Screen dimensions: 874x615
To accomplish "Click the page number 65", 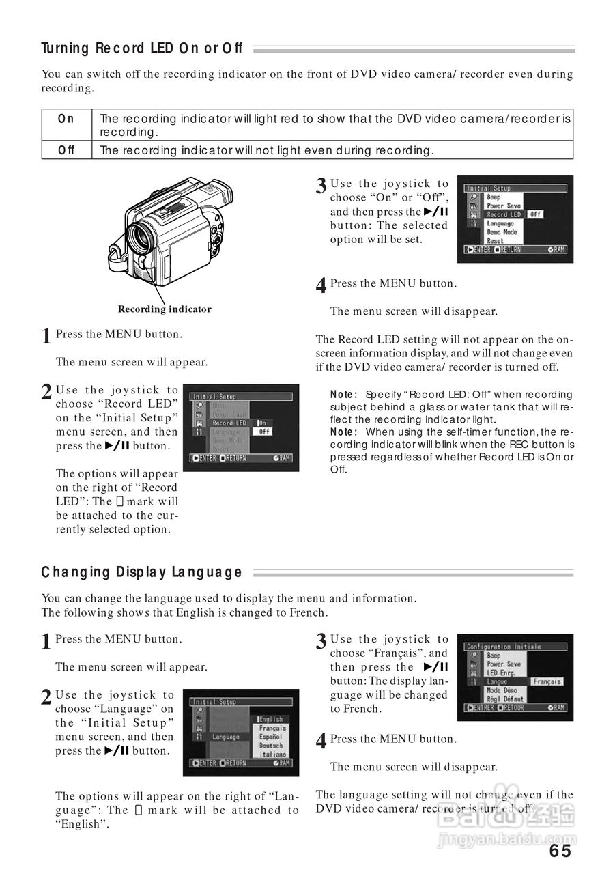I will [559, 850].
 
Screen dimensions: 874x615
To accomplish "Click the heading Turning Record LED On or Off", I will [142, 48].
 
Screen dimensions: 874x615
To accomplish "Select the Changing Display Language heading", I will [141, 572].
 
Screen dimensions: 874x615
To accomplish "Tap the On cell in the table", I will [66, 119].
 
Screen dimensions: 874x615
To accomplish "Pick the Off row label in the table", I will [66, 150].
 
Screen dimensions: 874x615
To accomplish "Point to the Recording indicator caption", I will [165, 309].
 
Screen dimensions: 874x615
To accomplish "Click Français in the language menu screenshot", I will [272, 728].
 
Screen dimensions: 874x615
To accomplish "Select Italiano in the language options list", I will [272, 755].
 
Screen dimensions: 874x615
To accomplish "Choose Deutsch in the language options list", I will [271, 746].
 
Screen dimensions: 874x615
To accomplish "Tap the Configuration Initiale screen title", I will [503, 646].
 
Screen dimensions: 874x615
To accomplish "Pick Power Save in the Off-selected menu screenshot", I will [503, 206].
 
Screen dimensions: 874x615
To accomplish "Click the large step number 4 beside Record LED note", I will [321, 286].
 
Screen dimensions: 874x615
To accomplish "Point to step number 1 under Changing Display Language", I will [46, 642].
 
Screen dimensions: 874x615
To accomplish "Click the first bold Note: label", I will [344, 395].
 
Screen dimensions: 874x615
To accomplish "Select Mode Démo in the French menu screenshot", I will [502, 690].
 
